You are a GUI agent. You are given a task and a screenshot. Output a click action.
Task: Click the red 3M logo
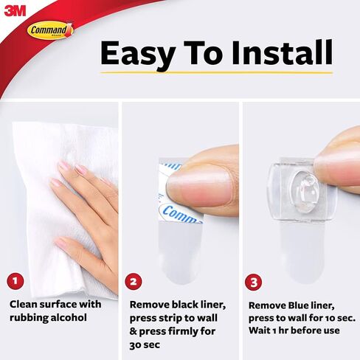pos(15,11)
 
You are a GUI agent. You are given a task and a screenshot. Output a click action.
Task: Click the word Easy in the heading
pos(138,54)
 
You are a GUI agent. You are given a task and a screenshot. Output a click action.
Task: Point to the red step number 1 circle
pos(15,281)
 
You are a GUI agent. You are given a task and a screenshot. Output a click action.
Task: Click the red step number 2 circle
pos(134,282)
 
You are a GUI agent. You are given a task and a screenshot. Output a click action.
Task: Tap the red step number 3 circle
pos(254,282)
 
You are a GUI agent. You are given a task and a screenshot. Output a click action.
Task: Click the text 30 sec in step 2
pos(145,345)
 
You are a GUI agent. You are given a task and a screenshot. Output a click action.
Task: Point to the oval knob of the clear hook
pos(304,189)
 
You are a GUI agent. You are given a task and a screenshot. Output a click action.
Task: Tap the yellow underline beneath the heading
pos(216,73)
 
